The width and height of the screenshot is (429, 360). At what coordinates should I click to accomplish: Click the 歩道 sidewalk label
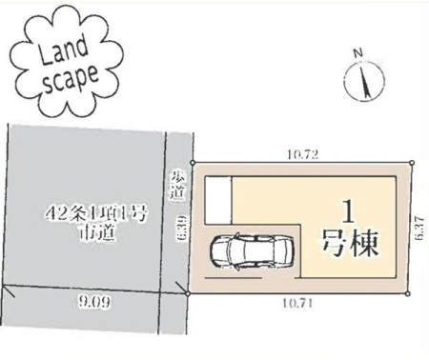tap(177, 186)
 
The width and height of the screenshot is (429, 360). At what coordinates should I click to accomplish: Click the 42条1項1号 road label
tap(95, 214)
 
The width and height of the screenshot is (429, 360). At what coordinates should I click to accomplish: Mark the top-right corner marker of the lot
tap(412, 162)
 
